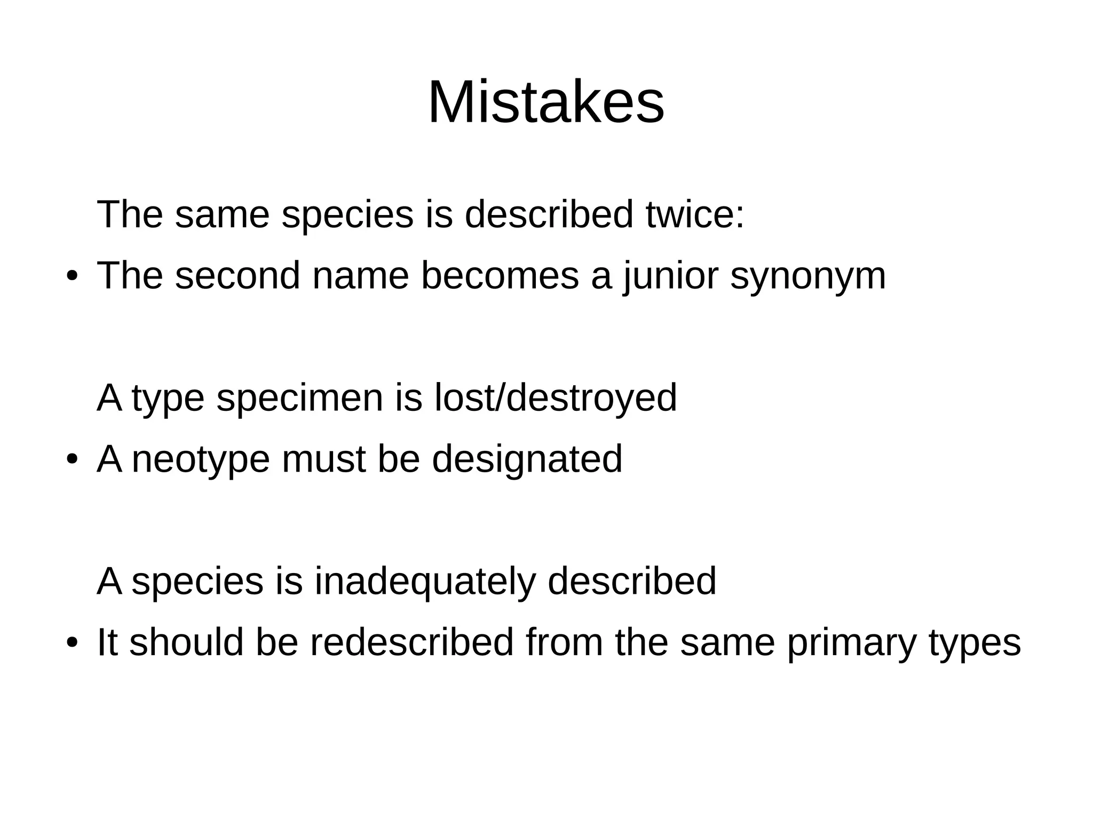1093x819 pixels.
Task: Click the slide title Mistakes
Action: [546, 102]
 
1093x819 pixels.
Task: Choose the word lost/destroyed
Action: [556, 397]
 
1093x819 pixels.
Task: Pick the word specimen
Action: [299, 399]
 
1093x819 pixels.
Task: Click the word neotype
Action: [201, 459]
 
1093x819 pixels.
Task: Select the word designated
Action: [527, 459]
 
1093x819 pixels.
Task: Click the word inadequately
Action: [425, 582]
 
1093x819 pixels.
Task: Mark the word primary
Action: [852, 643]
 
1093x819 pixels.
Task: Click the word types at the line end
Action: [975, 643]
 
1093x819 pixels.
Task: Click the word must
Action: [323, 459]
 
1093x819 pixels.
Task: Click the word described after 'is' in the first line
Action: [549, 214]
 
